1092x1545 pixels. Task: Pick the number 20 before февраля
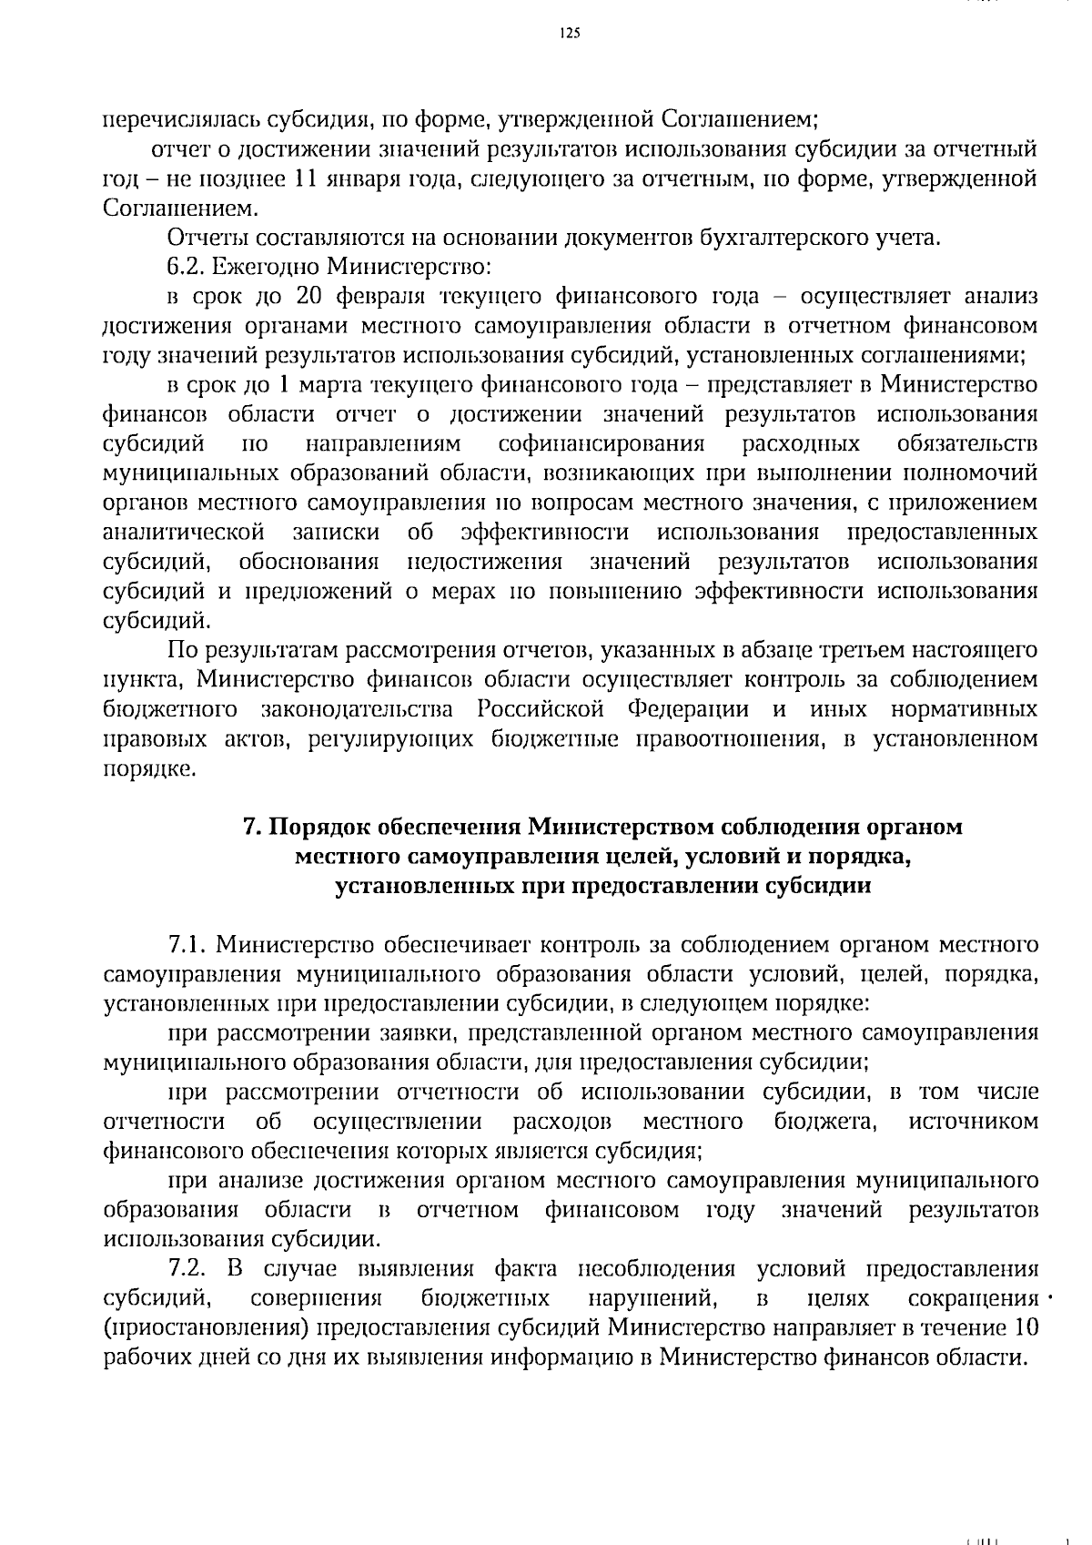pyautogui.click(x=309, y=298)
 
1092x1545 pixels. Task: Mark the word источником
pyautogui.click(x=973, y=1121)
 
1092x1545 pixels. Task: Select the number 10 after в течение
pyautogui.click(x=1026, y=1327)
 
